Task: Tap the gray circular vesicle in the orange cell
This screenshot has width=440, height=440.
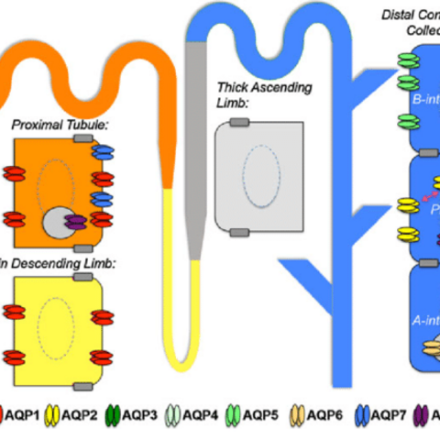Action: (58, 221)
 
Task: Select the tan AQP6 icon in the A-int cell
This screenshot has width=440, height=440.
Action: (428, 348)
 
